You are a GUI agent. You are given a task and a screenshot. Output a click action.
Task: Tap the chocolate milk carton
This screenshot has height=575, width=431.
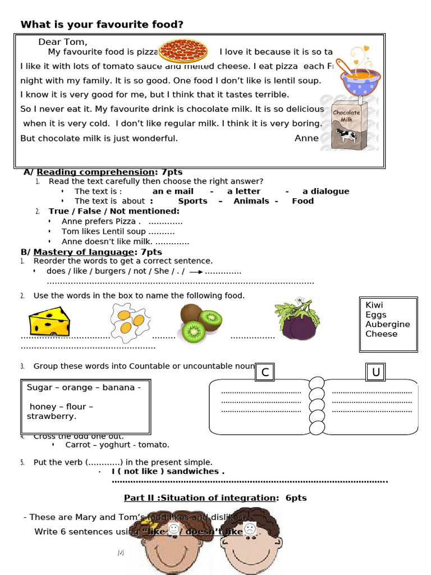[x=345, y=125]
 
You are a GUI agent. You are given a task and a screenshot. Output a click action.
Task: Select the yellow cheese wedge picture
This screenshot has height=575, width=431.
[x=49, y=321]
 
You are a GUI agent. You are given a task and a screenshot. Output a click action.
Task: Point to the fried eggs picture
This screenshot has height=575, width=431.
[x=129, y=322]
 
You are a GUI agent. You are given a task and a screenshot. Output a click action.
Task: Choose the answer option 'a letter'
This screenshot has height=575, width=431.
[x=244, y=191]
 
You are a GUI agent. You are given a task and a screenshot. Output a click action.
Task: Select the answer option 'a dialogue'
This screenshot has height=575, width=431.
[x=325, y=191]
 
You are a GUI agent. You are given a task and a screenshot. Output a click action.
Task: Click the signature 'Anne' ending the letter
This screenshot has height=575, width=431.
[x=306, y=138]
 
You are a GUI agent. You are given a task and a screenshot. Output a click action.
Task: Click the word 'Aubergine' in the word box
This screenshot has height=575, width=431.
[x=387, y=324]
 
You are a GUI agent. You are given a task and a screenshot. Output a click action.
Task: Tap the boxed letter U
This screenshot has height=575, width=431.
[x=375, y=372]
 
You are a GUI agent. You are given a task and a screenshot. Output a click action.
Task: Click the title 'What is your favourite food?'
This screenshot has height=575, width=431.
[x=102, y=25]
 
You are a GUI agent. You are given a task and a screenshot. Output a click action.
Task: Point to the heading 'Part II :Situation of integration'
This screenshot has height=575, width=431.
[x=200, y=498]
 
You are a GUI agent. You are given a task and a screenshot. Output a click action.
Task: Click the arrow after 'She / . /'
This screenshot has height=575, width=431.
[x=196, y=272]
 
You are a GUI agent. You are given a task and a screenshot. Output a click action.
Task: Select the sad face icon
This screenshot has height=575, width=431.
[x=250, y=529]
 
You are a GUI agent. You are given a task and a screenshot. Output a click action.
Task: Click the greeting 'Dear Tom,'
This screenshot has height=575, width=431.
[x=63, y=42]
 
